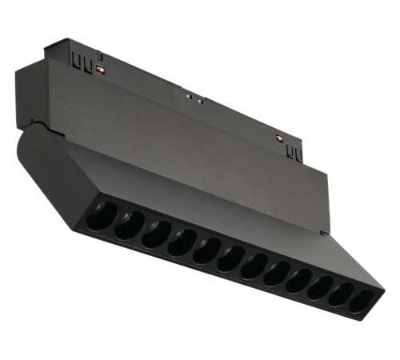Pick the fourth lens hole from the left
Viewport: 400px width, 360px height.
click(180, 242)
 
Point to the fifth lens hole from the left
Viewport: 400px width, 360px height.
click(206, 251)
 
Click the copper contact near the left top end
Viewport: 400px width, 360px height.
click(102, 71)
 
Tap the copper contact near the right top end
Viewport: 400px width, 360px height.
click(278, 138)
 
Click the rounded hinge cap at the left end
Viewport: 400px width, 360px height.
click(40, 164)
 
